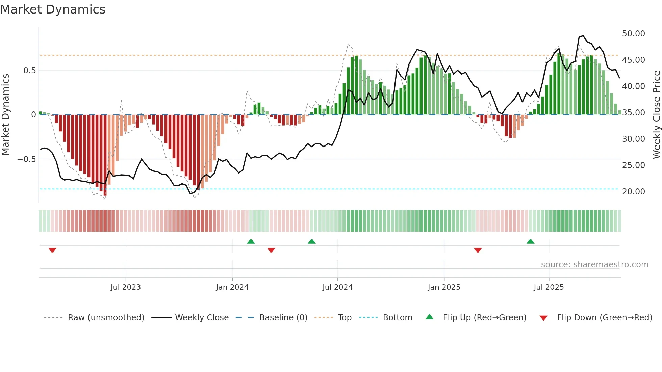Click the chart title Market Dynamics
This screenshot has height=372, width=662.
pos(53,9)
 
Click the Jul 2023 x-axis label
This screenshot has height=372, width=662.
pos(126,287)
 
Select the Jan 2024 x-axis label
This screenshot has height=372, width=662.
pos(232,287)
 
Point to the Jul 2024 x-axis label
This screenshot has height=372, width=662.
pos(337,287)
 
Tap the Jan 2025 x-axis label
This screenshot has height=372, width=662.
pos(444,287)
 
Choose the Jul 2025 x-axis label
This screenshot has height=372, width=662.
pos(549,287)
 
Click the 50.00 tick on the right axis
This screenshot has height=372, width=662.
pos(633,34)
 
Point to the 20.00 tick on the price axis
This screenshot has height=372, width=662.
pos(633,192)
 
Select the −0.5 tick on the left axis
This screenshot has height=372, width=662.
pos(26,159)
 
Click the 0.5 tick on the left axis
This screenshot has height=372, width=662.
pos(29,71)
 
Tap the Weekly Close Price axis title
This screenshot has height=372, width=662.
pos(656,114)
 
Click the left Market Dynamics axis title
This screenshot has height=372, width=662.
pos(5,114)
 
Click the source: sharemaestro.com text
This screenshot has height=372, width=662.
pos(594,265)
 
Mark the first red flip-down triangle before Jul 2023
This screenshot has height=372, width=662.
pos(52,250)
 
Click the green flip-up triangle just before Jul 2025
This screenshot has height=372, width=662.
pos(530,241)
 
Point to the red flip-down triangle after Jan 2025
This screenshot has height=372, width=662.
pos(478,250)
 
